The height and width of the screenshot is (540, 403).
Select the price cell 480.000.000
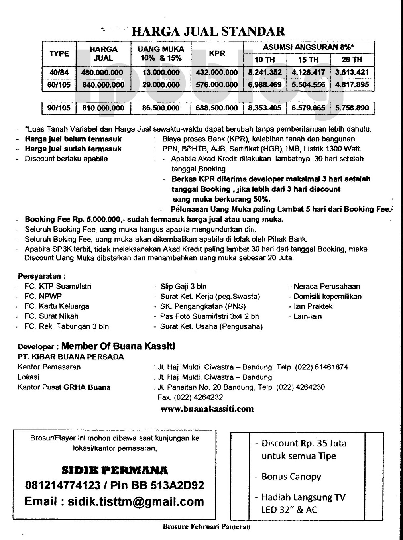point(102,73)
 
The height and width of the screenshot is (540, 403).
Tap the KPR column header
point(217,53)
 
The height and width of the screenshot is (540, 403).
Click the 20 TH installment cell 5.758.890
point(352,108)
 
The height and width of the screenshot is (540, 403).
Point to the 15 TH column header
point(309,60)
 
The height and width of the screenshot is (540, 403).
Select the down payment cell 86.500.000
point(161,108)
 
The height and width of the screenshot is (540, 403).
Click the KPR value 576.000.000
point(217,85)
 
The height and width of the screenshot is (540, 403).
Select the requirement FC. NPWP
point(43,296)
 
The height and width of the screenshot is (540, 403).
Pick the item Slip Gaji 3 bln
point(183,286)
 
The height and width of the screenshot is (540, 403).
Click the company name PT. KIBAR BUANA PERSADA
point(71,357)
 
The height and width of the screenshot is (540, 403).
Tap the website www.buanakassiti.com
point(207,408)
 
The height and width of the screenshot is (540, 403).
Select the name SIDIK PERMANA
point(115,470)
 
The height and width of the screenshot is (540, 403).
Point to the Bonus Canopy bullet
point(291,477)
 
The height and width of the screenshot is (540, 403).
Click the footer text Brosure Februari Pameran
point(206,526)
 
